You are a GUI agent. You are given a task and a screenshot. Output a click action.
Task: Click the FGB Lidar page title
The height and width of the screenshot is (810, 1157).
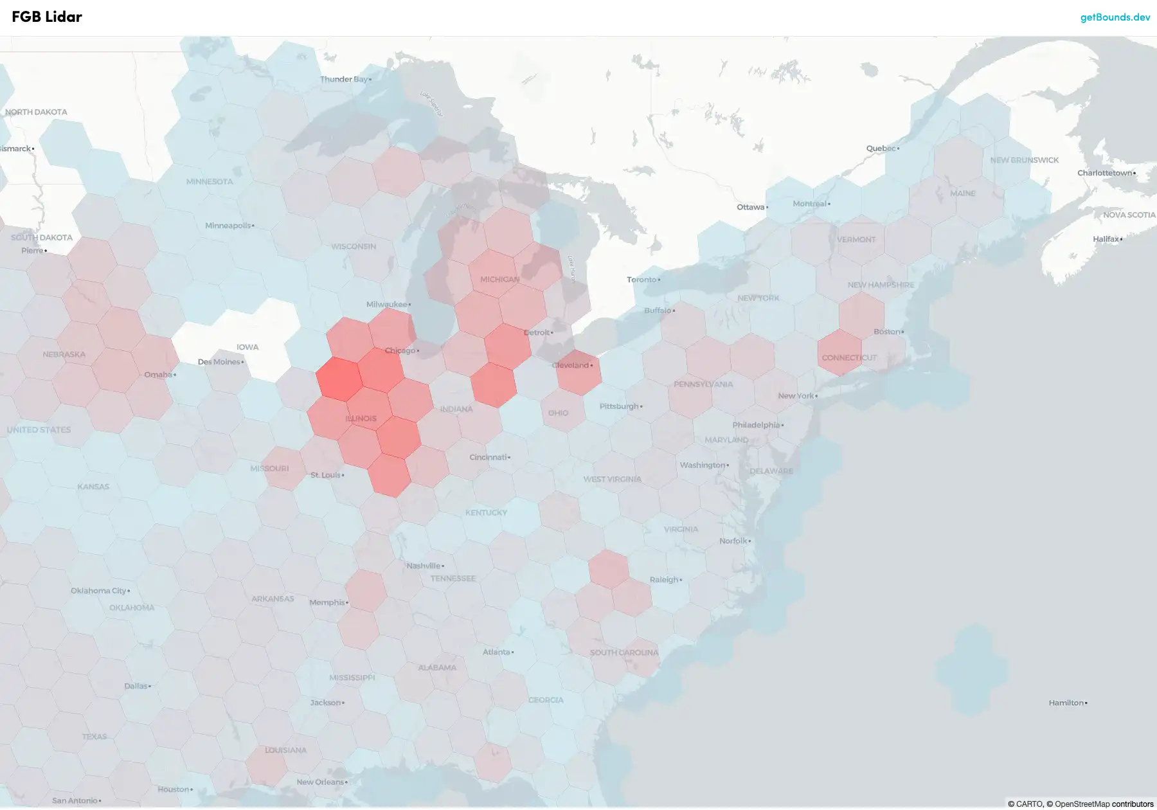coord(47,17)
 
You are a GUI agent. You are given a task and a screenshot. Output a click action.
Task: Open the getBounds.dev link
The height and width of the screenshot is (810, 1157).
coord(1115,17)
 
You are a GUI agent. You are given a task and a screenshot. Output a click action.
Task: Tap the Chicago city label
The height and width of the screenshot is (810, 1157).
coord(400,350)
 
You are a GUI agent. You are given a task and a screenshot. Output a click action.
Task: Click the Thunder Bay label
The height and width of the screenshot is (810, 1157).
coord(344,79)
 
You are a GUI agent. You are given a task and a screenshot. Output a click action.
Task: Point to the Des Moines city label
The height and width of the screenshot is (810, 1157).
coord(219,362)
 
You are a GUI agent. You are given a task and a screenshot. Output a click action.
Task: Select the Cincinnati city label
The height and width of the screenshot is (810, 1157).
coord(488,457)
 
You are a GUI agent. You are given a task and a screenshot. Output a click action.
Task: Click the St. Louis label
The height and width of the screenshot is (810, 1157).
coord(325,475)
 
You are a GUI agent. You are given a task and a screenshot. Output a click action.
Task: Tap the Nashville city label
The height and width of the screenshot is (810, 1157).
coord(423,566)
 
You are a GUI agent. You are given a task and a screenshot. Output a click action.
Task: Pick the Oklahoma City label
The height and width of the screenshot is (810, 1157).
coord(98,591)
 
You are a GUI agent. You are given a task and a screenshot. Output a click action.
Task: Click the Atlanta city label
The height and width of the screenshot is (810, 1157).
coord(496,652)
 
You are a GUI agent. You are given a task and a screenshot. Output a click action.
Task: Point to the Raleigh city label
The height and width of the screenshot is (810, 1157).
coord(663,579)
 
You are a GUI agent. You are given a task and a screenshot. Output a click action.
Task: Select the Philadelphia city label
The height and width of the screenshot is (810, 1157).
coord(756,425)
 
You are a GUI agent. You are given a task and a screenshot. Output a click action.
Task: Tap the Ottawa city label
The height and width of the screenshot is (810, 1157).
coord(750,207)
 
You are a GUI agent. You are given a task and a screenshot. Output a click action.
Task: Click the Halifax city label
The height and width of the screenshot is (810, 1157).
coord(1106,239)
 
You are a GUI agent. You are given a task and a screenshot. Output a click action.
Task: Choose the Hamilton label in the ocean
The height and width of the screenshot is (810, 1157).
coord(1066,703)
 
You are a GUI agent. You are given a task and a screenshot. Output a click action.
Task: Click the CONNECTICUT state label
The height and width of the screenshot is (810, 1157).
coord(849,357)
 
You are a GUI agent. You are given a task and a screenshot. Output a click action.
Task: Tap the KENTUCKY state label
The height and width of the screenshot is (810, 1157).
coord(486,512)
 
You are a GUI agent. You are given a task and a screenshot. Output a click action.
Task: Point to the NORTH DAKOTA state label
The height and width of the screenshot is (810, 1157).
coord(36,112)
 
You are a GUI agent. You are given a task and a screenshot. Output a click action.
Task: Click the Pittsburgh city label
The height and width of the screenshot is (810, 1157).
coord(619,406)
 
